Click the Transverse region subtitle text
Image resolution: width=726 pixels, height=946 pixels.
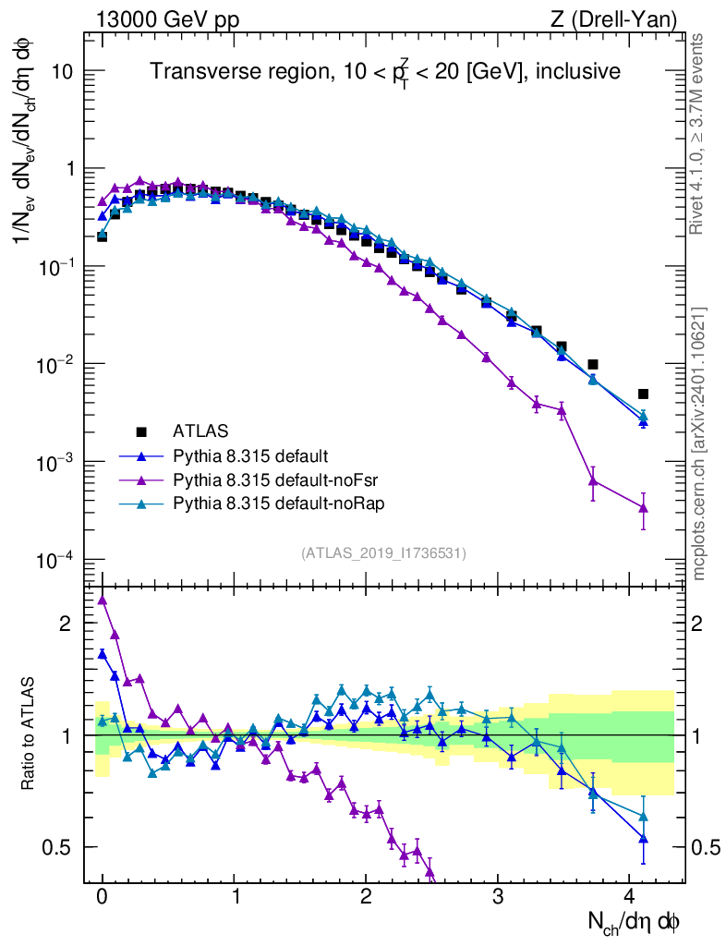385,71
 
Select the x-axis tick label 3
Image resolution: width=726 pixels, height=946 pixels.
498,897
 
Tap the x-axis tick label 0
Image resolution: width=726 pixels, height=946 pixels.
102,897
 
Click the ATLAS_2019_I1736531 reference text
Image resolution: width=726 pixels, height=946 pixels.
383,552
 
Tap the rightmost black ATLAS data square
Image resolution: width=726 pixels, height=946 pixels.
644,394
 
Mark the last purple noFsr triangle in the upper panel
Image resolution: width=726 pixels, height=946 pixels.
644,508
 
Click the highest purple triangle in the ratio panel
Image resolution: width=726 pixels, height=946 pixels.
103,600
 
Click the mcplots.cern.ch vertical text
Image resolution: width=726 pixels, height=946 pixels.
699,443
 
